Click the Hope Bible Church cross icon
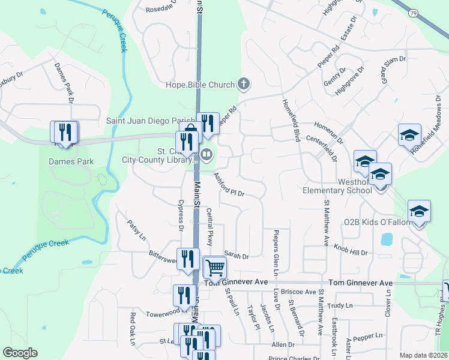243,84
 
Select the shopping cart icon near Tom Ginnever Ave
214,267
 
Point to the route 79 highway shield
412,12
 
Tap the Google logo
20,353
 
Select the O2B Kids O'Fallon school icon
419,211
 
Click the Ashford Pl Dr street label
231,185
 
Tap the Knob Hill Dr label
351,250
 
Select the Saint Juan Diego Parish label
151,120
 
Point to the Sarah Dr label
236,256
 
